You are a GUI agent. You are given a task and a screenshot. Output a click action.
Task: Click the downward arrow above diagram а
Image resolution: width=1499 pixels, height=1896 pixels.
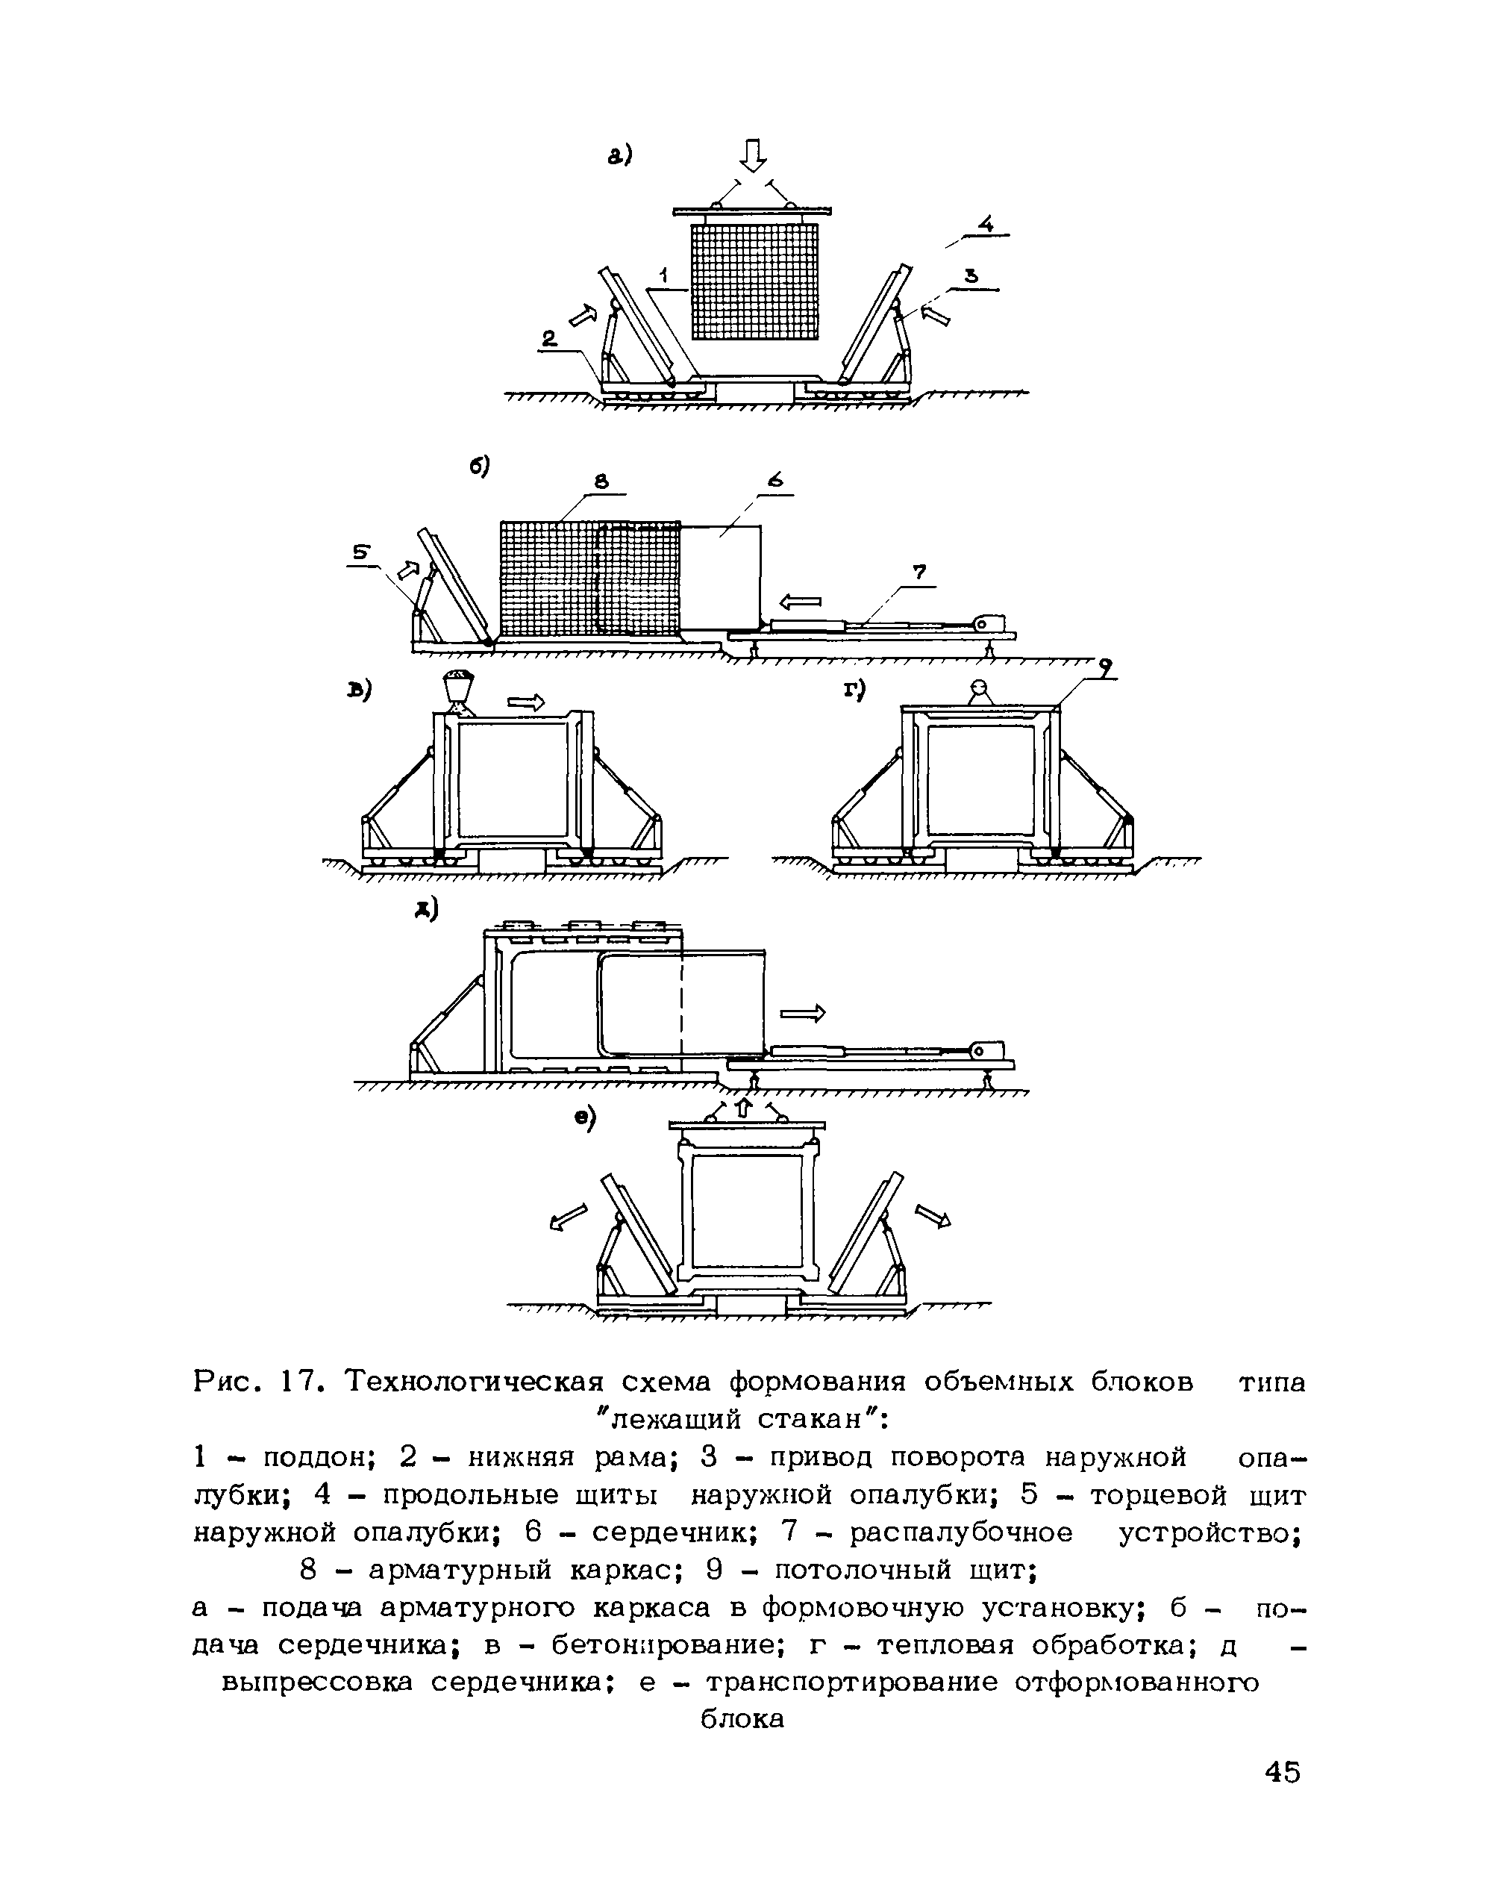click(753, 156)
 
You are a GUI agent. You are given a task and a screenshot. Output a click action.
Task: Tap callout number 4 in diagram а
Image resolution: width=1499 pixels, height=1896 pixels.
click(986, 225)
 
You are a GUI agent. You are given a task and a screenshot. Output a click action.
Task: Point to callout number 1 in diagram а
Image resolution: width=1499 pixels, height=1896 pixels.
click(664, 275)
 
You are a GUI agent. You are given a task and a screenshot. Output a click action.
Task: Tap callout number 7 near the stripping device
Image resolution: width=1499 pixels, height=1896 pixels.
click(918, 573)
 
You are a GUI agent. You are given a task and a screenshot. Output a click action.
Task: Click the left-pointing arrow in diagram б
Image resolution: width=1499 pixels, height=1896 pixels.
click(800, 602)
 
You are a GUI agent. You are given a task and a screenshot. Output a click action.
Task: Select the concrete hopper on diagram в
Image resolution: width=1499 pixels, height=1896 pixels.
click(458, 685)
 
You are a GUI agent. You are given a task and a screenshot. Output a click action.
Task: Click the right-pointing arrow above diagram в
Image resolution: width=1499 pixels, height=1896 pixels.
click(526, 702)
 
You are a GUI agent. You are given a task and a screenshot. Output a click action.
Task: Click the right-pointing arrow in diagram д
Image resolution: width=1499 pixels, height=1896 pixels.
click(803, 1014)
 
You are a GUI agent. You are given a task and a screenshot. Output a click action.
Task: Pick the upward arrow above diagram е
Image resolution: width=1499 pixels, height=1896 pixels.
click(743, 1108)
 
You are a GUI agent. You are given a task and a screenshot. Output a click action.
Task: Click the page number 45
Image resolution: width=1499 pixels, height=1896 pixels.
click(1282, 1772)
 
